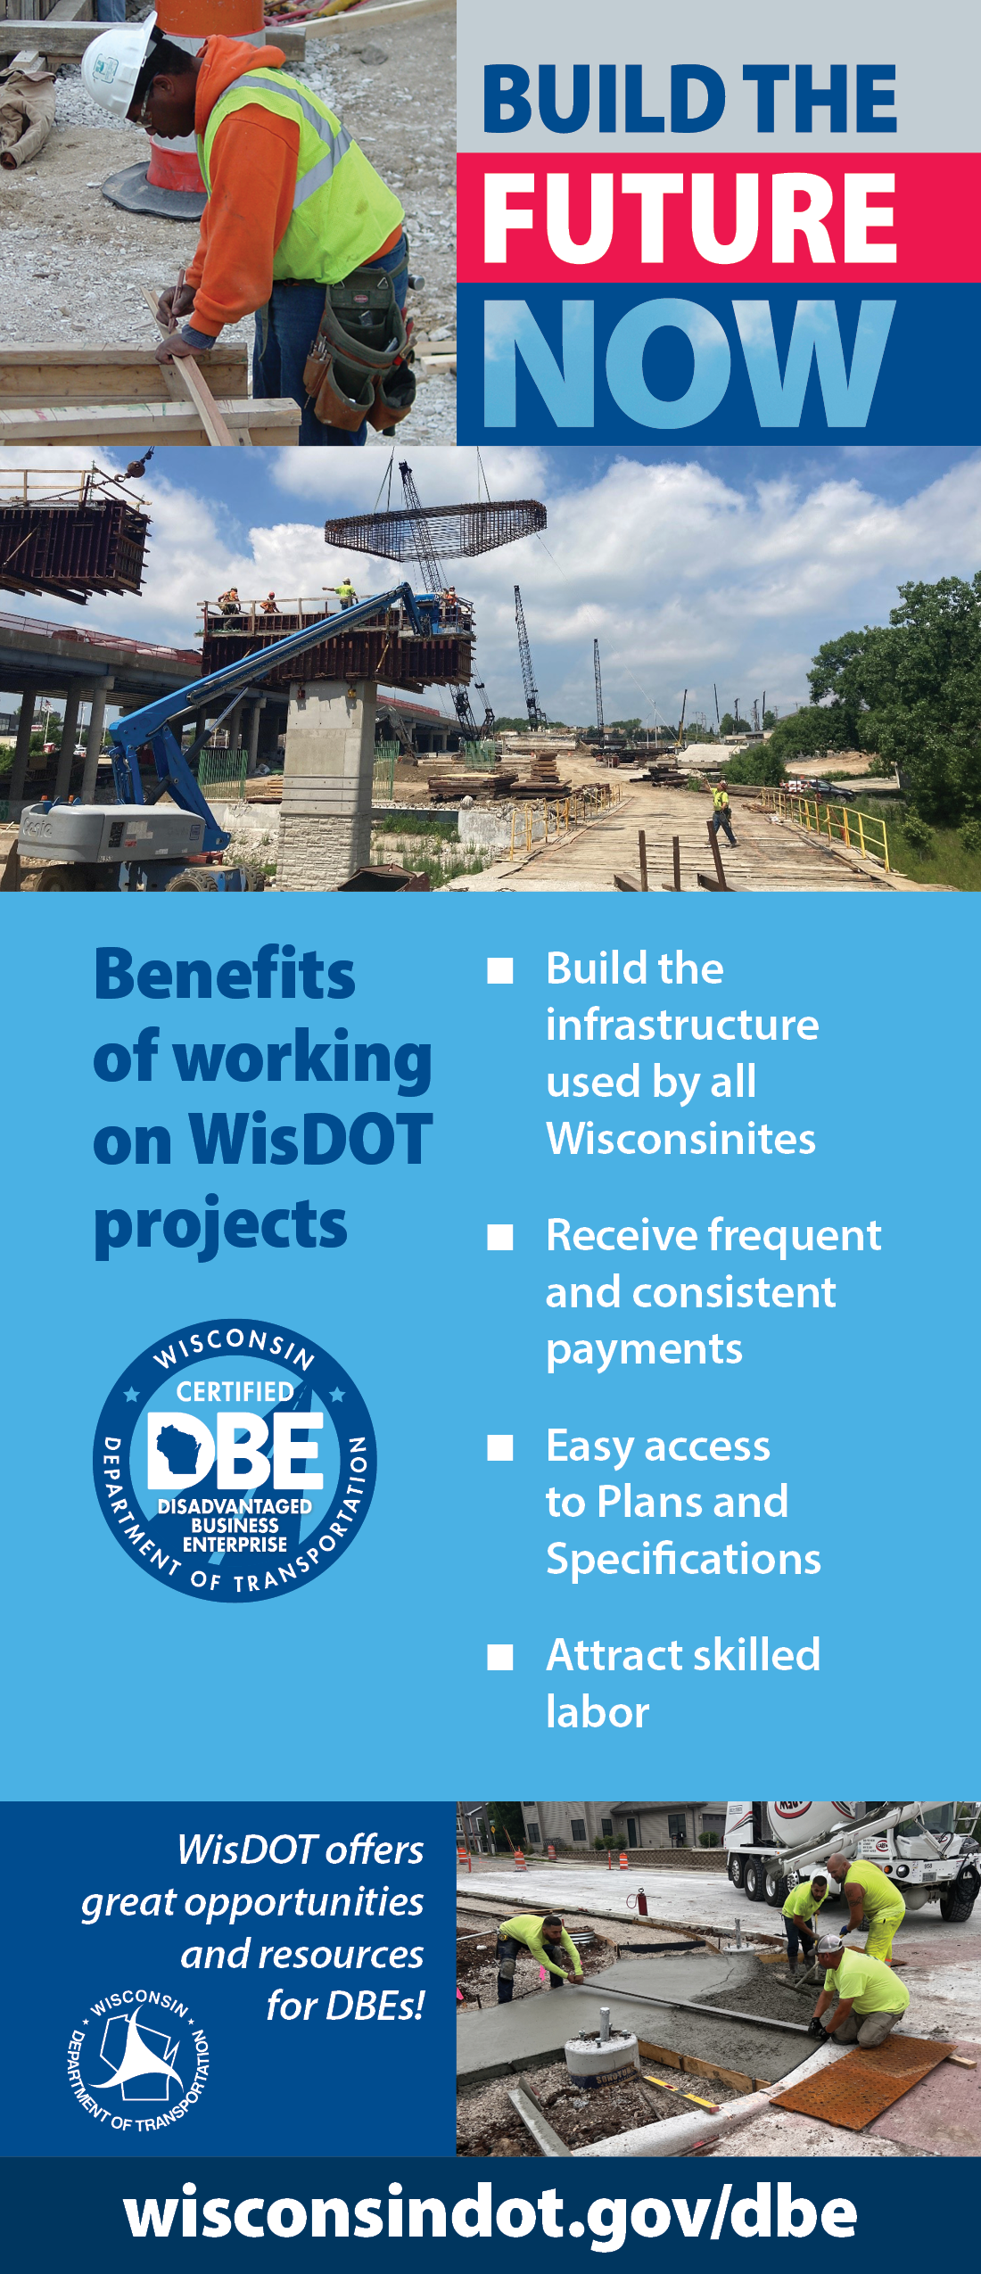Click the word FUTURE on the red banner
click(x=689, y=218)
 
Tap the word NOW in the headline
click(x=688, y=363)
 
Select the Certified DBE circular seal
click(x=235, y=1460)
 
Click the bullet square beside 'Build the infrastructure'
click(x=500, y=970)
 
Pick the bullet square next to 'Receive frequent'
click(x=500, y=1237)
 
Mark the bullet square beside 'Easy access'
click(x=500, y=1447)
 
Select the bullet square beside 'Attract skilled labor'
click(x=500, y=1657)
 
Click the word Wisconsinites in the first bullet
click(x=680, y=1139)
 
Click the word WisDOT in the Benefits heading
click(x=311, y=1140)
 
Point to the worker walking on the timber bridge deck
click(x=721, y=812)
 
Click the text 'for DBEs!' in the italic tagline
click(x=345, y=2006)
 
